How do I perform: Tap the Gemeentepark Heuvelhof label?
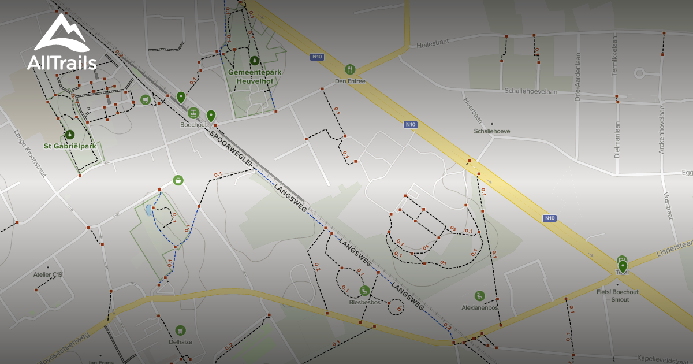pyautogui.click(x=254, y=76)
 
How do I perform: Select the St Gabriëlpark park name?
pyautogui.click(x=69, y=146)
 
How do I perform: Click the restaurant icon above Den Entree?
pyautogui.click(x=349, y=70)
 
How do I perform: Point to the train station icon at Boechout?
pyautogui.click(x=193, y=113)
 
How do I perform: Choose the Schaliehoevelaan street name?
pyautogui.click(x=537, y=91)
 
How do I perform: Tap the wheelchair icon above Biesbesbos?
pyautogui.click(x=364, y=291)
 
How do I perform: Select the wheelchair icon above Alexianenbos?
pyautogui.click(x=479, y=296)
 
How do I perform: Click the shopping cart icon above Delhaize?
pyautogui.click(x=180, y=330)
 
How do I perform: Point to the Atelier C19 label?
pyautogui.click(x=48, y=274)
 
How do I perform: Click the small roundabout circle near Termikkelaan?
pyautogui.click(x=639, y=73)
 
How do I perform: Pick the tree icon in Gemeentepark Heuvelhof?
pyautogui.click(x=254, y=60)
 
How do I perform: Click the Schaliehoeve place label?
pyautogui.click(x=491, y=131)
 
